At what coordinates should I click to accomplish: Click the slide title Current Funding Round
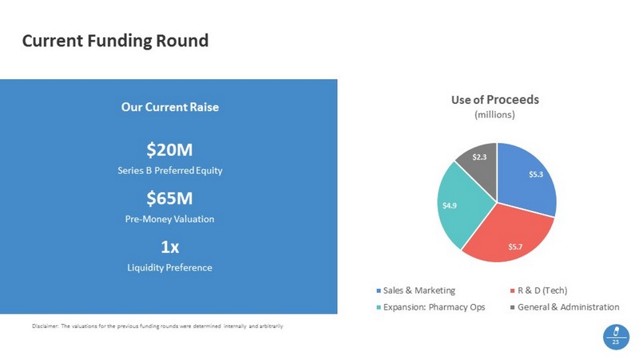(x=115, y=40)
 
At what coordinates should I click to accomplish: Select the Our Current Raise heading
(x=169, y=106)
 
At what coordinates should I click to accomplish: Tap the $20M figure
(x=169, y=149)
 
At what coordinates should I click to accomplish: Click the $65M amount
(x=169, y=198)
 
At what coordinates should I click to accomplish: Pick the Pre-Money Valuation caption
(x=169, y=218)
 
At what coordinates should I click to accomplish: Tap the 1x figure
(x=169, y=247)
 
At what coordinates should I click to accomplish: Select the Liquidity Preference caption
(x=169, y=267)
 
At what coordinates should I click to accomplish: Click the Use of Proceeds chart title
(x=495, y=100)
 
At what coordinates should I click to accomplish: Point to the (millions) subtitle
(x=495, y=115)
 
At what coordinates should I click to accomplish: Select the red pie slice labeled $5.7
(x=511, y=235)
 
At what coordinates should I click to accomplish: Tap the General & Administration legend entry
(x=568, y=307)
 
